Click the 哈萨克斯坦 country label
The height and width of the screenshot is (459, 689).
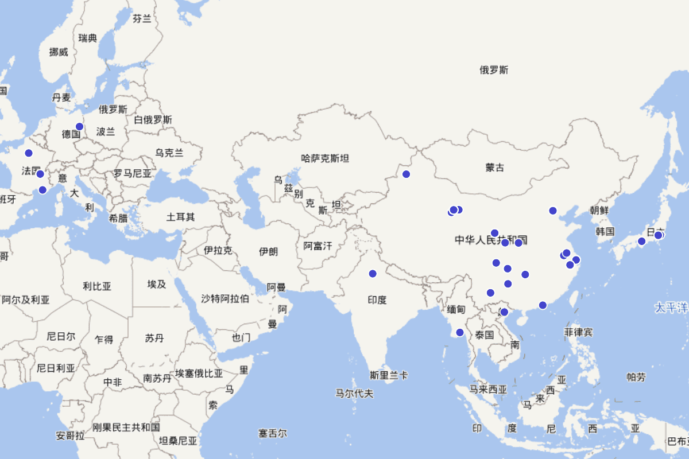coord(325,158)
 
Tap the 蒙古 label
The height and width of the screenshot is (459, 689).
coord(494,168)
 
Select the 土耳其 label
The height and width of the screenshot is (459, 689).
coord(180,217)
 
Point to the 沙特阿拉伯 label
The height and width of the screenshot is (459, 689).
coord(225,298)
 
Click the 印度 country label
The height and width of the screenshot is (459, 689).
coord(377,299)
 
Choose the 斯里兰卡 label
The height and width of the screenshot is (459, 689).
coord(389,376)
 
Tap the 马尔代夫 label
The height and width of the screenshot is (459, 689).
coord(354,394)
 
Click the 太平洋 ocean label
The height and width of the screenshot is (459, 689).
coord(671,308)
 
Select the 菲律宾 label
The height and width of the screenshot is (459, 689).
coord(578,332)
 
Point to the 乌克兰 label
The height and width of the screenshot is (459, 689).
coord(169,153)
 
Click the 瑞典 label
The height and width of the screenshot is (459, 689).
coord(88,38)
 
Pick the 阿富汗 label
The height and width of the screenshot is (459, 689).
coord(318,246)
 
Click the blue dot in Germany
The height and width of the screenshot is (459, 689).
coord(79,127)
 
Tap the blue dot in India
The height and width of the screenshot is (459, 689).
coord(373,274)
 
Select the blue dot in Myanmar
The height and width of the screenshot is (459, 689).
coord(459,333)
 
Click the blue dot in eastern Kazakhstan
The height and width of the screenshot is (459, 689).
coord(406,174)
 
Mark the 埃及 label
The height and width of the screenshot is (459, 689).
coord(156,284)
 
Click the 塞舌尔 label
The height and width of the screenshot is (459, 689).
coord(272,433)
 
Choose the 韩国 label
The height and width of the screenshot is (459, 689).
coord(605,231)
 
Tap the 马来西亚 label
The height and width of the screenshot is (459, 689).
coord(488,390)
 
